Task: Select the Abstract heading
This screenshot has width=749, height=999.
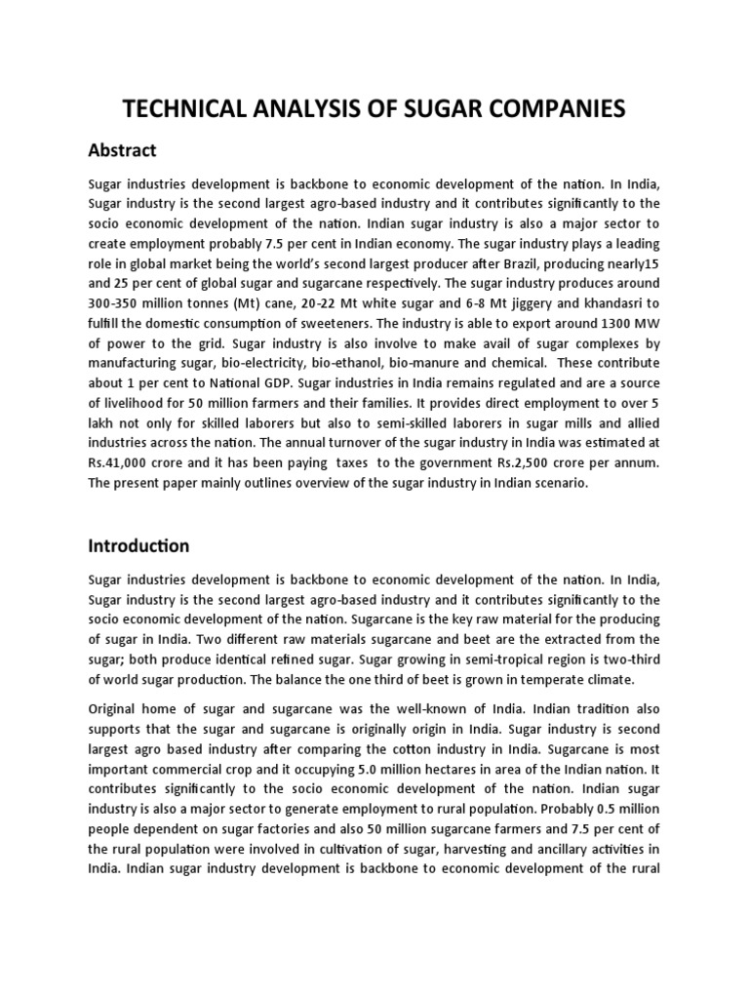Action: [122, 150]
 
